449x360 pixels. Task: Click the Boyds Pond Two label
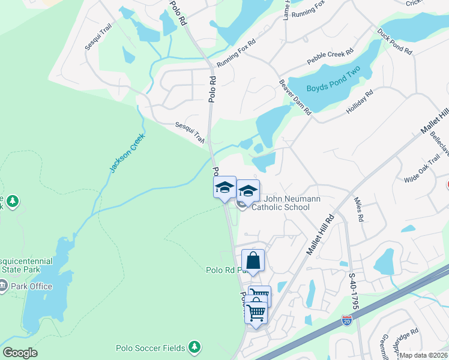(332, 88)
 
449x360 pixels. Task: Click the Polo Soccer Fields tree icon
(193, 347)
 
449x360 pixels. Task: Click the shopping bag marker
(253, 261)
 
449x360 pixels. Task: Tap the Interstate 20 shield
(346, 321)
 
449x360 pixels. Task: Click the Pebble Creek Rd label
(329, 58)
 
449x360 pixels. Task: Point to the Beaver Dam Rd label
(295, 97)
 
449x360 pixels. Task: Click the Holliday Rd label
(360, 102)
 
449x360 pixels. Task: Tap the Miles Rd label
(359, 210)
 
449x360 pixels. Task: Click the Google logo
(20, 353)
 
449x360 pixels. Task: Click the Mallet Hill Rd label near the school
(319, 235)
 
